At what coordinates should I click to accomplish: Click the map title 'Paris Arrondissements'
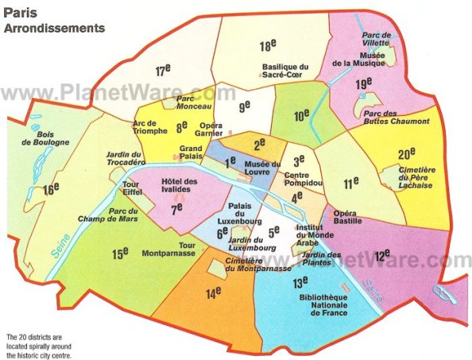click(x=54, y=21)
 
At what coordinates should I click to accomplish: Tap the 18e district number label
click(x=268, y=46)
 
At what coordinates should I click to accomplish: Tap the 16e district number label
click(x=52, y=189)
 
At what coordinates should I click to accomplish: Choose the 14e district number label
click(x=213, y=294)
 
